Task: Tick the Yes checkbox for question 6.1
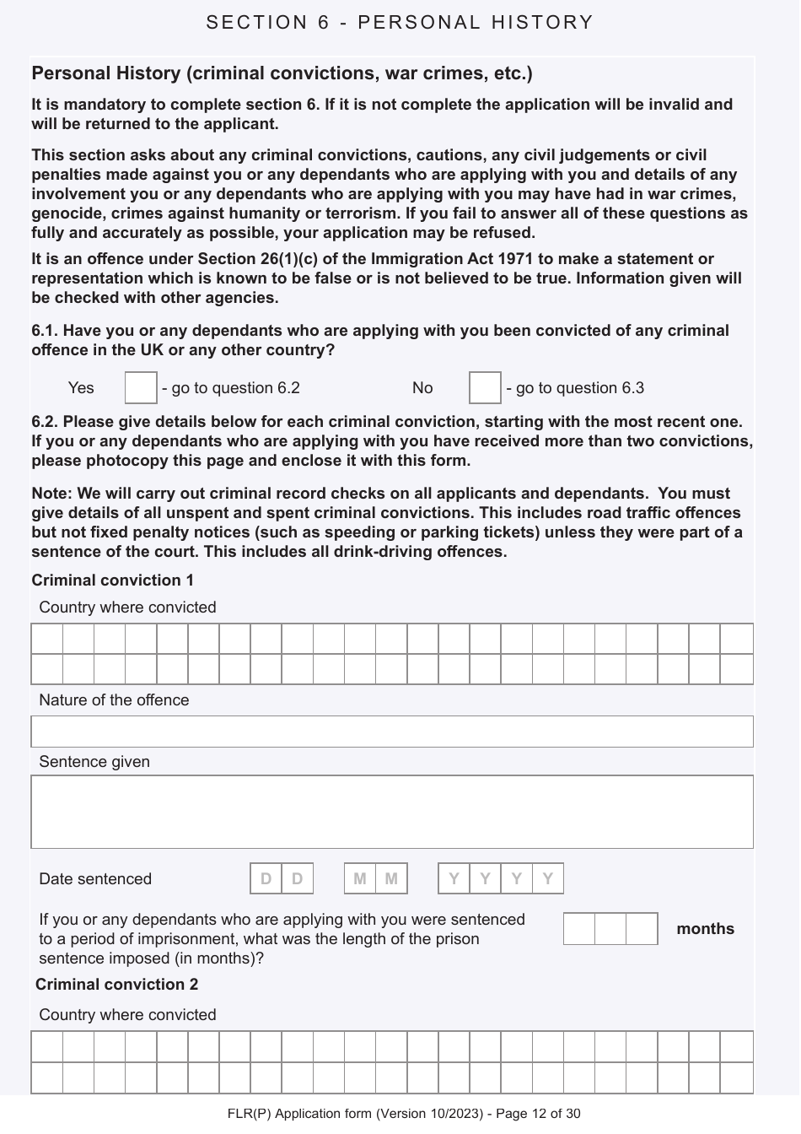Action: click(x=141, y=388)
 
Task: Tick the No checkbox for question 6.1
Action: click(x=485, y=388)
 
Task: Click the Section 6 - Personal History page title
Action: click(x=400, y=23)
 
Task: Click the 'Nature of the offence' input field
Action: click(x=392, y=732)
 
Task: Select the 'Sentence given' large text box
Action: click(x=392, y=812)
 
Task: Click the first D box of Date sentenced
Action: click(x=266, y=878)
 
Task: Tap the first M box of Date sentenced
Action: click(x=360, y=878)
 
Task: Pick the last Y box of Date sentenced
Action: click(x=548, y=878)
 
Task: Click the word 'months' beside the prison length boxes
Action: click(x=705, y=929)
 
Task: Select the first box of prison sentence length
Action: click(x=579, y=929)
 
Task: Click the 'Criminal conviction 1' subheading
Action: click(x=113, y=580)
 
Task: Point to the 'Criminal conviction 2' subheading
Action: click(x=117, y=985)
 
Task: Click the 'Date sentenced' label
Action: click(x=95, y=879)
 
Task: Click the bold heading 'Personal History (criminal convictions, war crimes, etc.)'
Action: click(x=282, y=73)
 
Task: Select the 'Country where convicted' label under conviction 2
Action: click(x=127, y=1015)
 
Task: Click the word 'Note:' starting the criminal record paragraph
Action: click(x=51, y=494)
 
